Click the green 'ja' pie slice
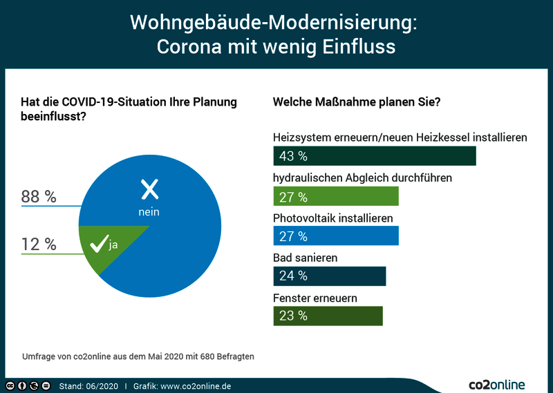click(x=106, y=244)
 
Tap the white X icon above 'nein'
click(x=149, y=189)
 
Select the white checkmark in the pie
click(x=99, y=244)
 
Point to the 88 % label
click(x=39, y=196)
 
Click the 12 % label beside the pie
click(x=39, y=244)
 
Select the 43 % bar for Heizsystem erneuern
click(x=375, y=156)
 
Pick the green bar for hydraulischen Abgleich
click(x=336, y=196)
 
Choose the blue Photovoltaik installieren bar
click(x=336, y=236)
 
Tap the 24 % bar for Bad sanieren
click(x=330, y=276)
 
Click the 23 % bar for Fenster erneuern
click(x=328, y=316)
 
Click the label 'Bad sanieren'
click(x=305, y=258)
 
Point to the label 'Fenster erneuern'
click(x=315, y=298)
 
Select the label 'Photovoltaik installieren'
click(x=333, y=218)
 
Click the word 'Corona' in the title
click(x=189, y=46)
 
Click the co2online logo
click(x=496, y=384)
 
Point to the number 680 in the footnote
click(x=207, y=356)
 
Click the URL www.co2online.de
click(x=196, y=386)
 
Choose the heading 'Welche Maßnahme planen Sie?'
click(x=357, y=102)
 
